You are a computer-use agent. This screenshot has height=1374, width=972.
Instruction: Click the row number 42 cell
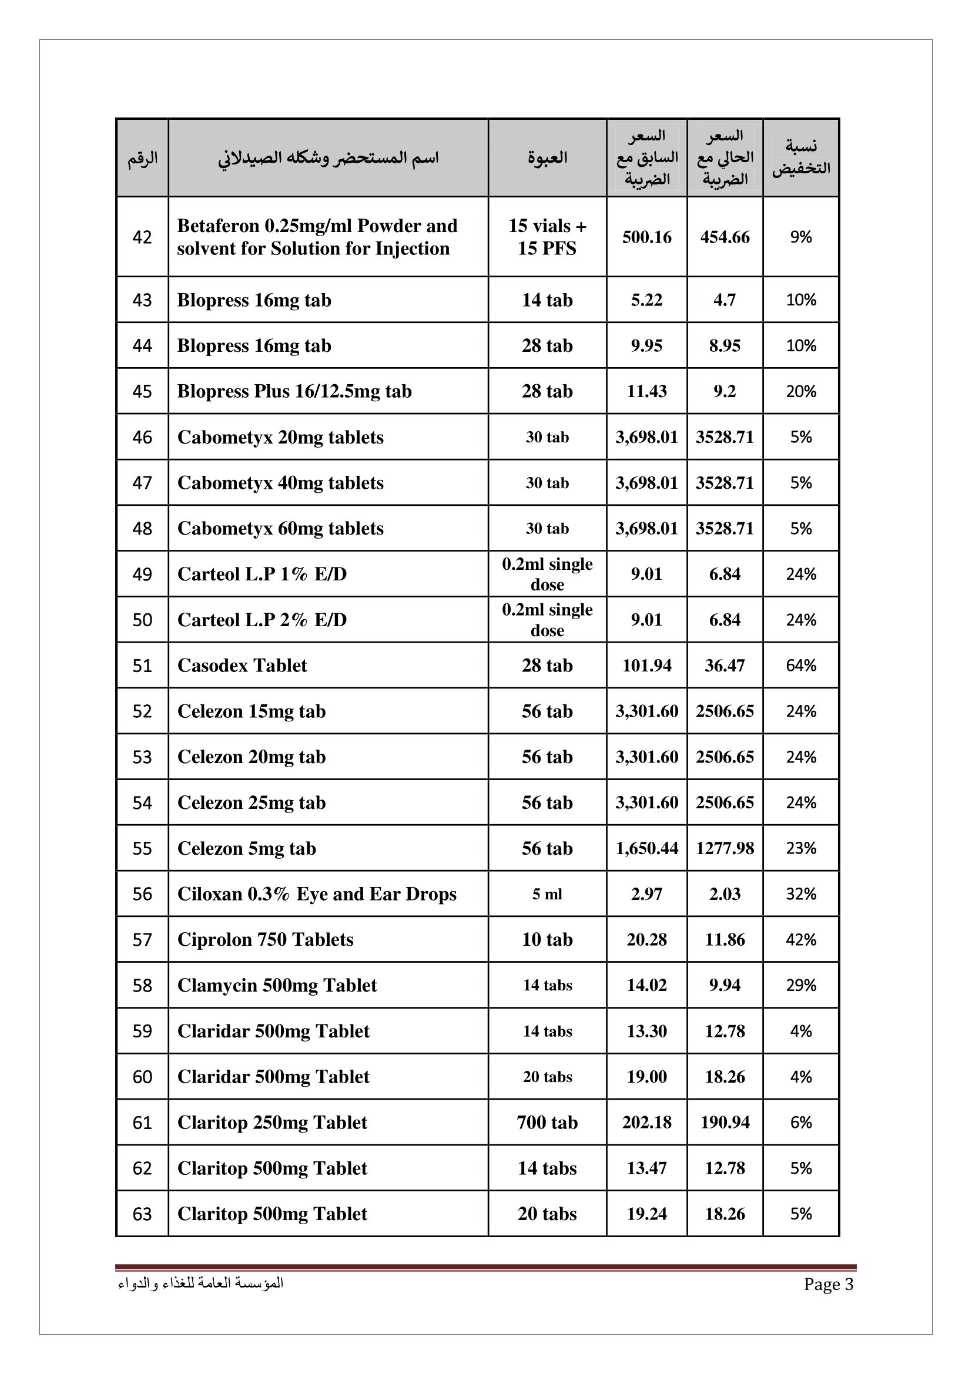click(142, 237)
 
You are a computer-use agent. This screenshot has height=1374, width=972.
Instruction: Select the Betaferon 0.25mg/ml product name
click(317, 237)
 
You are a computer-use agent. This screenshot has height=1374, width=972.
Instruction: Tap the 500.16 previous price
click(646, 237)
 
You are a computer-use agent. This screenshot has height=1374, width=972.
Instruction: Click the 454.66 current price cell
click(725, 237)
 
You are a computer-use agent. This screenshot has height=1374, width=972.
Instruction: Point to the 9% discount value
click(801, 237)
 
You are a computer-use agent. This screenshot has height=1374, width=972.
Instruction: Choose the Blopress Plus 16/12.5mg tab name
click(294, 391)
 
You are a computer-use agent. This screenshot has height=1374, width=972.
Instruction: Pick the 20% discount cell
click(801, 391)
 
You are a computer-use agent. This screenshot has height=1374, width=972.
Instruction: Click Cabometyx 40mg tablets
click(280, 483)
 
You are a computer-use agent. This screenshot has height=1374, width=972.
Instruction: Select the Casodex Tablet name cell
click(242, 666)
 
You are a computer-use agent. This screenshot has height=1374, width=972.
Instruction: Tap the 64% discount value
click(801, 666)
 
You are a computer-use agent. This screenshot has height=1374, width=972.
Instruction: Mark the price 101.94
click(646, 666)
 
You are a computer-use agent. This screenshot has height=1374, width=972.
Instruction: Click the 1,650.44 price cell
click(646, 849)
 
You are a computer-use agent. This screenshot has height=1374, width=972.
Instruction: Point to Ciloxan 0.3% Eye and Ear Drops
click(317, 894)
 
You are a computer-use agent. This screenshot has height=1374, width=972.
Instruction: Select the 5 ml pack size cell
click(547, 894)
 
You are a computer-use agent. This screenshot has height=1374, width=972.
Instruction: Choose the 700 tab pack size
click(547, 1123)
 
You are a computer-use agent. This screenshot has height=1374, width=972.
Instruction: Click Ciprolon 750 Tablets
click(265, 939)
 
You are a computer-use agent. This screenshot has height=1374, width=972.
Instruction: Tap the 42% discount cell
click(801, 939)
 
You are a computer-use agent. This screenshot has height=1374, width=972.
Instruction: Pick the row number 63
click(142, 1214)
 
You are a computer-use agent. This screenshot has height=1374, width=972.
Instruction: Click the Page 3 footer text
click(829, 1284)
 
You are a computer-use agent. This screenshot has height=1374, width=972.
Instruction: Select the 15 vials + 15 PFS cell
click(547, 237)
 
